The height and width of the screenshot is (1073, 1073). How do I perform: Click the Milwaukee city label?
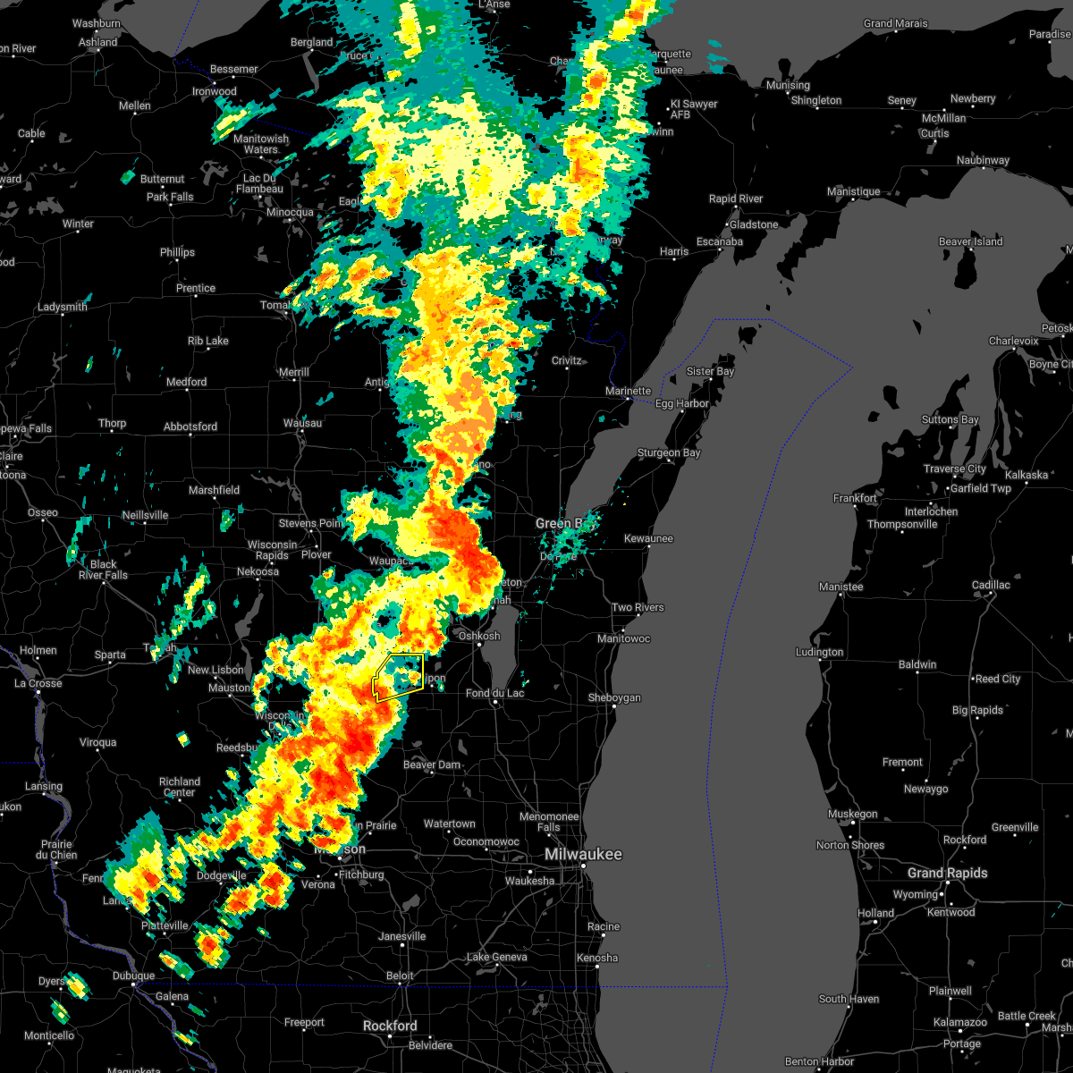pyautogui.click(x=583, y=855)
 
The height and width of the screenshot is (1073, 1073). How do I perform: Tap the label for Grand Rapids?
pyautogui.click(x=947, y=873)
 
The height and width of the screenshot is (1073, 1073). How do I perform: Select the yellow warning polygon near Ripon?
pyautogui.click(x=399, y=677)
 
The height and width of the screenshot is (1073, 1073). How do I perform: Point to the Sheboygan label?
pyautogui.click(x=614, y=697)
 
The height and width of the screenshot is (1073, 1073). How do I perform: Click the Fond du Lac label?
pyautogui.click(x=495, y=693)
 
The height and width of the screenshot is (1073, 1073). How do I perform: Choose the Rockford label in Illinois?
pyautogui.click(x=391, y=1026)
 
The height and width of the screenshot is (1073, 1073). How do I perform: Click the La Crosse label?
pyautogui.click(x=38, y=683)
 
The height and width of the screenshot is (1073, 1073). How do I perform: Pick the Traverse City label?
pyautogui.click(x=956, y=469)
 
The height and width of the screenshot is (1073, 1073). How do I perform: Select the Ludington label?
pyautogui.click(x=819, y=652)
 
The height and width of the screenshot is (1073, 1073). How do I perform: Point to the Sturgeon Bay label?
pyautogui.click(x=668, y=453)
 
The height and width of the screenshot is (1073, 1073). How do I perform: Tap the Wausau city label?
pyautogui.click(x=302, y=423)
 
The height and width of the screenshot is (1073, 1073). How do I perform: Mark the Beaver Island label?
pyautogui.click(x=970, y=241)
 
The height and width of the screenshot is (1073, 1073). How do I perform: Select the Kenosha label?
pyautogui.click(x=597, y=958)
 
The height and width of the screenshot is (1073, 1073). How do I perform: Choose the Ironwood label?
pyautogui.click(x=215, y=91)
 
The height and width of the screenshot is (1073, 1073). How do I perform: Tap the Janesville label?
pyautogui.click(x=402, y=936)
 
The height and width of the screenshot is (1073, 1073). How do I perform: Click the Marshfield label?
pyautogui.click(x=214, y=490)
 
